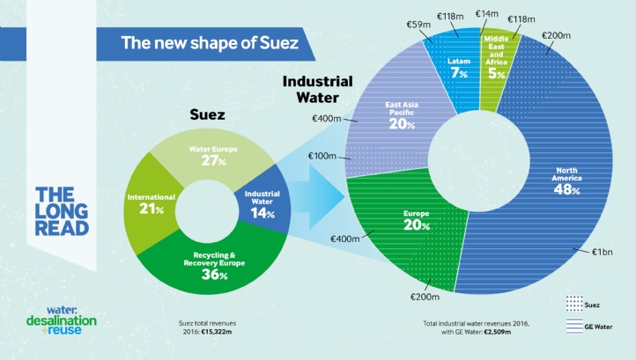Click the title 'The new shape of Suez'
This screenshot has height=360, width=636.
click(208, 42)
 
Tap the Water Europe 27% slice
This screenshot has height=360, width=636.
click(211, 157)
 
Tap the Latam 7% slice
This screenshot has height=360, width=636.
click(459, 67)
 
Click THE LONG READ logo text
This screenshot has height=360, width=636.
click(62, 211)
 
